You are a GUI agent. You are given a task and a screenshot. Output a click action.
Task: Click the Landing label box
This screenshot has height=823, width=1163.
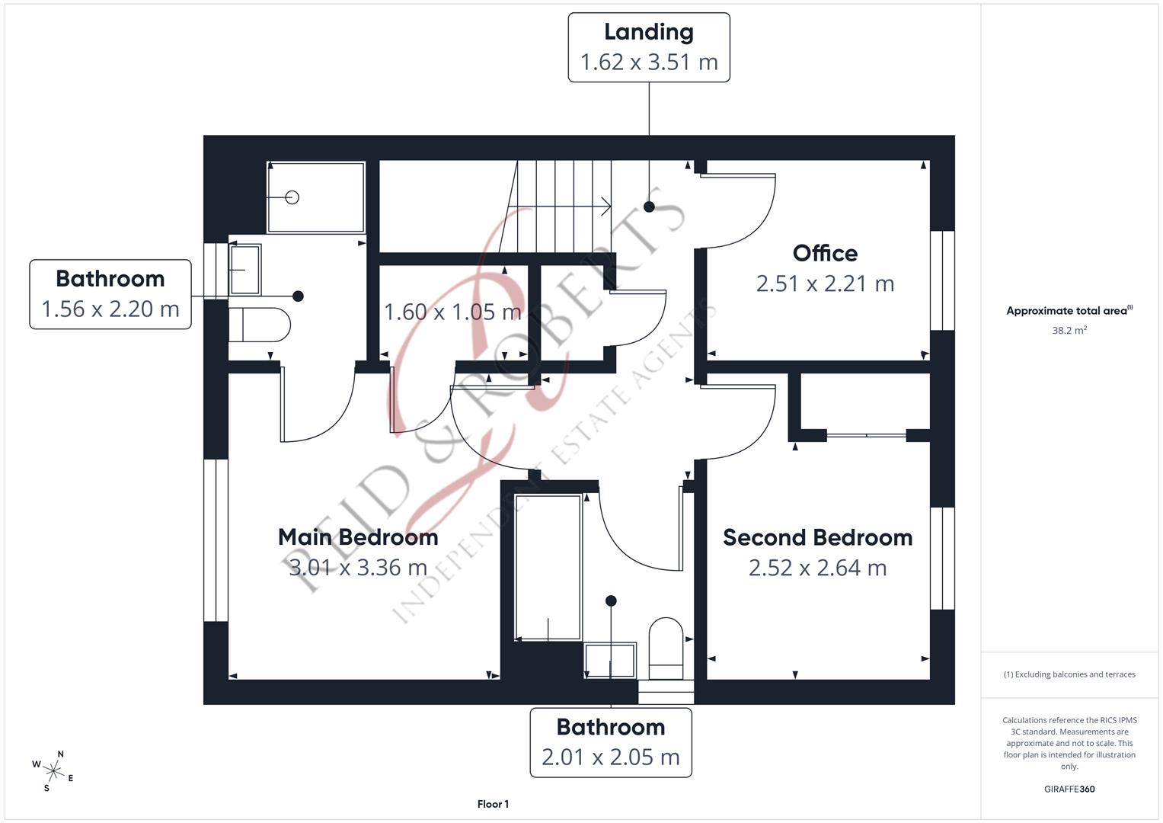coord(649,47)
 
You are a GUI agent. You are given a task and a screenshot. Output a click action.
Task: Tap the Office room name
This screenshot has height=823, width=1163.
coord(825,253)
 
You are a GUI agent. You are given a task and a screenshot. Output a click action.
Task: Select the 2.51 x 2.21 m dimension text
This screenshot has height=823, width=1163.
coord(825,283)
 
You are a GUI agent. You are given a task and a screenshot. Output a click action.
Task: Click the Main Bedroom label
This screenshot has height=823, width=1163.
coord(358,537)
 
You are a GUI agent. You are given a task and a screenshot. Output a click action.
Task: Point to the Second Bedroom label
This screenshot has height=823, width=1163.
coord(817,537)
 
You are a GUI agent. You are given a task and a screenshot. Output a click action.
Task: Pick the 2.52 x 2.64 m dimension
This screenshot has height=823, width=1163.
coord(817,568)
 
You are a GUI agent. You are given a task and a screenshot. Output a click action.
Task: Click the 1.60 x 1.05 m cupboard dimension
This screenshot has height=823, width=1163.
coord(452,312)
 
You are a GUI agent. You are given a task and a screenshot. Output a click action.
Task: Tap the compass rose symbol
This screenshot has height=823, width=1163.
coord(54,770)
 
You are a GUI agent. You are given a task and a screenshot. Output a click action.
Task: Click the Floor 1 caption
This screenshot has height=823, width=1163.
coord(493,804)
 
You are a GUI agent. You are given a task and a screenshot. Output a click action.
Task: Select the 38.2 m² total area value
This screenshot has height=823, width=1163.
coord(1069,331)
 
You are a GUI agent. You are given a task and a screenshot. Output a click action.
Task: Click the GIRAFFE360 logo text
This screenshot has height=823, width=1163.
coord(1069,789)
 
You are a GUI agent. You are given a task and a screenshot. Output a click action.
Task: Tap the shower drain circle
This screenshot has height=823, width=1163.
coord(292,197)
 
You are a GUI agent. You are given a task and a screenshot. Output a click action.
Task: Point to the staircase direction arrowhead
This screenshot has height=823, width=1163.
coord(606,206)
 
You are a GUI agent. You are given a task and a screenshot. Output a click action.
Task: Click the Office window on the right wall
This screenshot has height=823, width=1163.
coord(942,280)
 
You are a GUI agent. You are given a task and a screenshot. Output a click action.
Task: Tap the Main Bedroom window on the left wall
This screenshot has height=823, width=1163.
coord(216,540)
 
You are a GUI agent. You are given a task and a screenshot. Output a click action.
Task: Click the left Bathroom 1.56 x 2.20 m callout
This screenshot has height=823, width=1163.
coord(110,294)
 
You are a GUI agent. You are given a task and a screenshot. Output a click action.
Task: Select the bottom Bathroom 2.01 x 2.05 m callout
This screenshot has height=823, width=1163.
coord(611,742)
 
